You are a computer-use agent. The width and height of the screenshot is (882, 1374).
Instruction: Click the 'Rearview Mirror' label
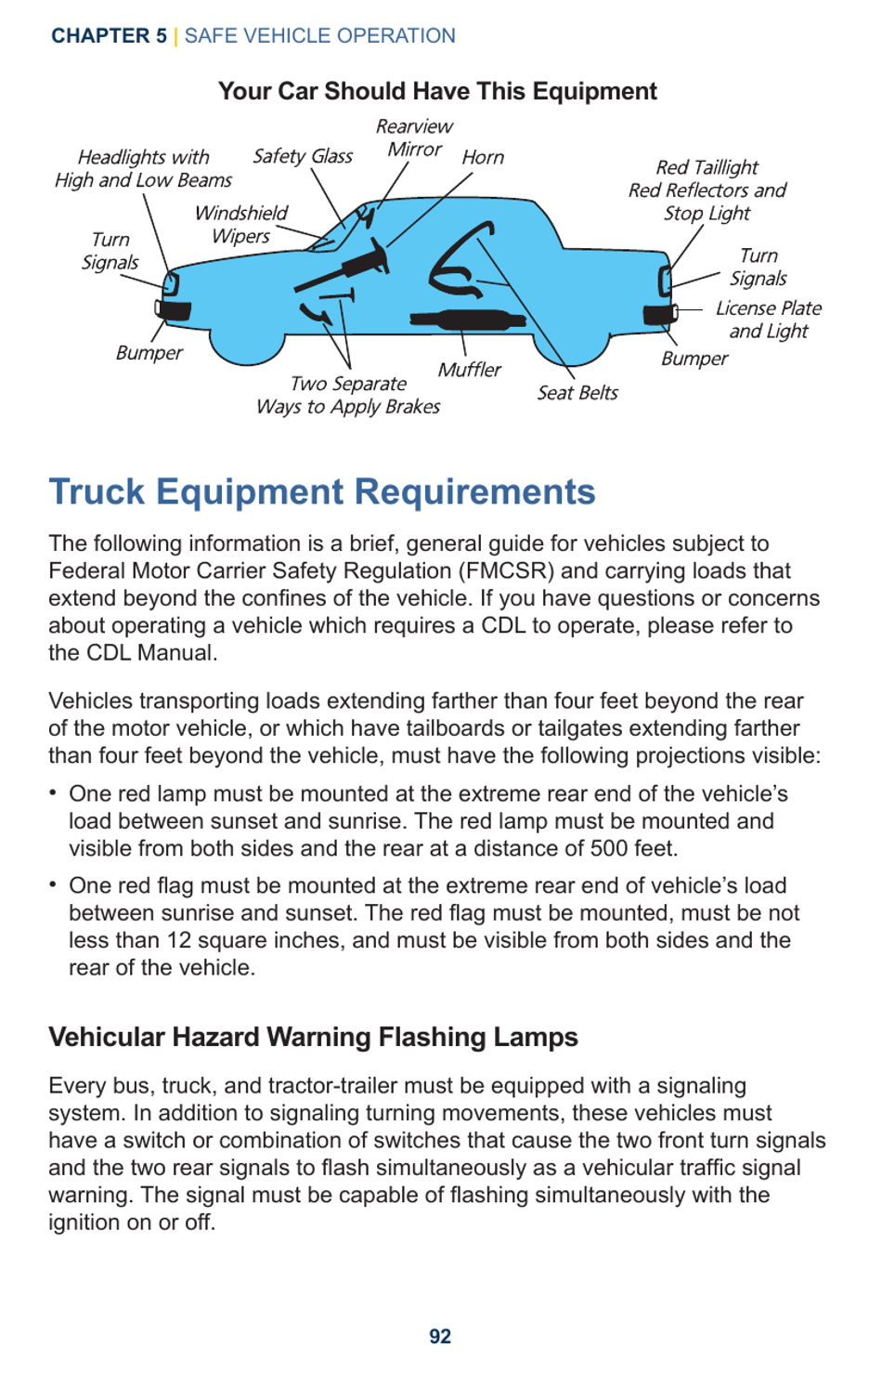click(x=414, y=137)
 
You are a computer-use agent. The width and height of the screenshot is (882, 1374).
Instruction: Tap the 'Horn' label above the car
click(x=483, y=157)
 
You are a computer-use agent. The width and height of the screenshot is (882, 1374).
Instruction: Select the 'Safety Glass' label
click(x=303, y=156)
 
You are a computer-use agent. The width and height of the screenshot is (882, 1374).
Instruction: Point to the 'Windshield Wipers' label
click(x=240, y=224)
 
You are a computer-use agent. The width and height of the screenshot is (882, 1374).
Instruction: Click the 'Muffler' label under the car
click(x=469, y=370)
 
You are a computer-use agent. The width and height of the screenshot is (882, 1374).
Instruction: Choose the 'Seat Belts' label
click(x=577, y=393)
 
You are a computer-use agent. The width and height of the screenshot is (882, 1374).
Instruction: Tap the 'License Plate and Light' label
click(x=768, y=320)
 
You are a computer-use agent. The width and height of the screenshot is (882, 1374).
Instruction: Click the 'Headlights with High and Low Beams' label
click(x=143, y=168)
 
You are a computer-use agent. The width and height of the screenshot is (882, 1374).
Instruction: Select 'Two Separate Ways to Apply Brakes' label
click(x=348, y=395)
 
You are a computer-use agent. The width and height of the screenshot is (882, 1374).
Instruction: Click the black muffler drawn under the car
click(x=469, y=321)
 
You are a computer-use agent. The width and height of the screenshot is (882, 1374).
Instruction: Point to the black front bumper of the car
click(x=174, y=310)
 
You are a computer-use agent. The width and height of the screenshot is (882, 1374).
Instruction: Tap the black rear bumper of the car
click(x=660, y=314)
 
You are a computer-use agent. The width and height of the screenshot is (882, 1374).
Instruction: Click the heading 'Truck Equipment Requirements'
click(x=322, y=491)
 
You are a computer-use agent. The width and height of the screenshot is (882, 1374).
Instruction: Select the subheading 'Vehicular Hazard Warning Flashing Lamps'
click(x=313, y=1037)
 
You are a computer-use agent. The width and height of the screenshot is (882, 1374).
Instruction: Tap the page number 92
click(x=440, y=1336)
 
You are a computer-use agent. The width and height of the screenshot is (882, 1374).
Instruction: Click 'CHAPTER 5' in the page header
click(x=109, y=36)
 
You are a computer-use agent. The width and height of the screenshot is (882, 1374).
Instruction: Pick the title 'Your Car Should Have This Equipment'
click(x=437, y=91)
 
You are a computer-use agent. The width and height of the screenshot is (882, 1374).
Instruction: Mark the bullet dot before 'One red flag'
click(x=54, y=884)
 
